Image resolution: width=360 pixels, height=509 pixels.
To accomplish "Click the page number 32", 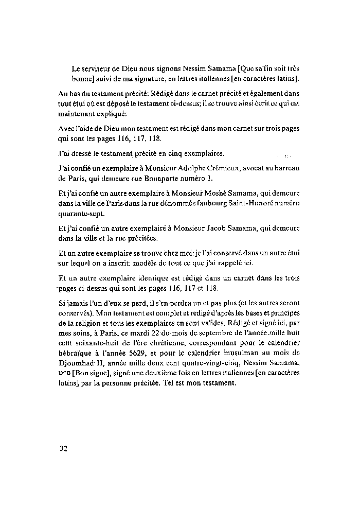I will click(x=63, y=448).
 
